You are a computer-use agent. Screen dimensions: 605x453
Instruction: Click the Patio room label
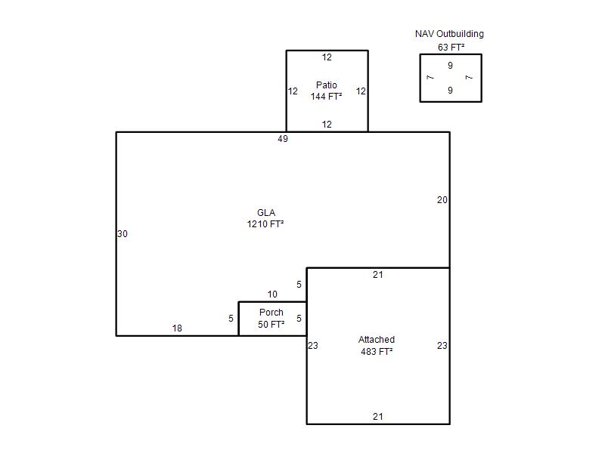(327, 85)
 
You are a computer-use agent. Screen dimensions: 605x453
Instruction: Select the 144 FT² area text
(327, 97)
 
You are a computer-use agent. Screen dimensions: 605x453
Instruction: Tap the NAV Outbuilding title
(449, 34)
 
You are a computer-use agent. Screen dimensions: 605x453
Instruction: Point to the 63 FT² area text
(451, 48)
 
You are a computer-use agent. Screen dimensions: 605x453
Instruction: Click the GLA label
(266, 213)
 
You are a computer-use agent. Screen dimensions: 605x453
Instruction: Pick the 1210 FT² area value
(265, 223)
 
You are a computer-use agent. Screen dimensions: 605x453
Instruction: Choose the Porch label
(271, 313)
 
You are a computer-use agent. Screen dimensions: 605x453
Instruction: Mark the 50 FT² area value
(271, 325)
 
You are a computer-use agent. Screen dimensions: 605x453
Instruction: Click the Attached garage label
(377, 340)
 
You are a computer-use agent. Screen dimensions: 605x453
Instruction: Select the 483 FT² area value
(377, 352)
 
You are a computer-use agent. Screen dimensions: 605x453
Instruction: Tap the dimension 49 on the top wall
(283, 139)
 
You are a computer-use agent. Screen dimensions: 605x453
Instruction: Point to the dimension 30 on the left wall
(123, 234)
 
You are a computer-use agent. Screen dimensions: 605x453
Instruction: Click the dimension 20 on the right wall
(442, 200)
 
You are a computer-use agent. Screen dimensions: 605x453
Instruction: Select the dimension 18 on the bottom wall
(177, 328)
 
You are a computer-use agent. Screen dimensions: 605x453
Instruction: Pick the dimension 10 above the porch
(272, 294)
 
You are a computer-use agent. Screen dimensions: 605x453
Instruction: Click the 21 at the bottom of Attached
(378, 417)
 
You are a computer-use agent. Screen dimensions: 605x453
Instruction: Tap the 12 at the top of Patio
(327, 57)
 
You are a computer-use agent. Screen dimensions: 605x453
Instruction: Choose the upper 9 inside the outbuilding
(450, 66)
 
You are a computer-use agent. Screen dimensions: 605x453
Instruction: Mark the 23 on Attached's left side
(313, 346)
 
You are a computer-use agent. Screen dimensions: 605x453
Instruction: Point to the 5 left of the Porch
(231, 319)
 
